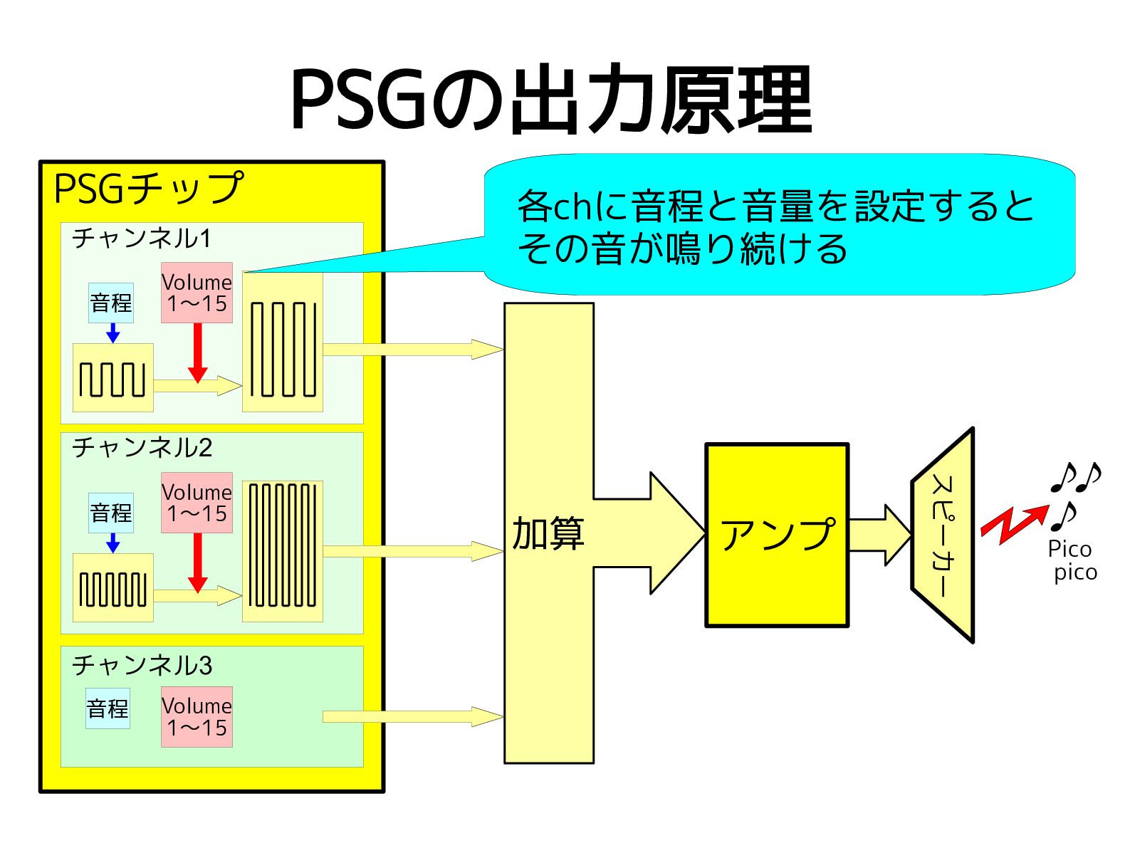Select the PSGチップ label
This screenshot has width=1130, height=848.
point(148,189)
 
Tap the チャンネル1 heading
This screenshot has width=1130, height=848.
point(142,239)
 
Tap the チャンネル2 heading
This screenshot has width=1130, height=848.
point(142,448)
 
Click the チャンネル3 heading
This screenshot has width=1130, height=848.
point(142,665)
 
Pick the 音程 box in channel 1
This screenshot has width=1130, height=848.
point(111,303)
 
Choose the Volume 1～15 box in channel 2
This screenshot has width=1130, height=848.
point(197,503)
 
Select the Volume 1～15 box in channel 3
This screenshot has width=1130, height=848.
point(197,717)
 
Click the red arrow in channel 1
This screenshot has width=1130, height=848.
point(198,352)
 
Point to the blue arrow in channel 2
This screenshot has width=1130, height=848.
point(113,543)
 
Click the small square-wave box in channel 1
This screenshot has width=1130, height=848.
point(113,377)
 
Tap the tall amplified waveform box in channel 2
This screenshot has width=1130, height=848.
point(283,551)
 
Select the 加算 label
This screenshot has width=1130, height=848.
point(548,533)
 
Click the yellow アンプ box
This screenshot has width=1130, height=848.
point(777,535)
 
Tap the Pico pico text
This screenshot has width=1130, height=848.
point(1072,560)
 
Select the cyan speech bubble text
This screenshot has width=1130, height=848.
point(776,226)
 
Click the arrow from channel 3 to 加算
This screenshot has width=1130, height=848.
point(413,716)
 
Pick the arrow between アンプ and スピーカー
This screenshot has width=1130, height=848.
point(880,535)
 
